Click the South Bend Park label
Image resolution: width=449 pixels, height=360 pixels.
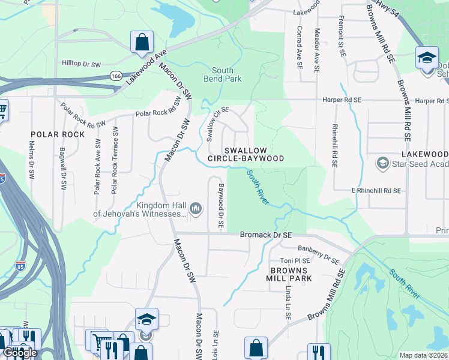[x=222, y=74]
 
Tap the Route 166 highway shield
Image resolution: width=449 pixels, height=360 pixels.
[x=116, y=76]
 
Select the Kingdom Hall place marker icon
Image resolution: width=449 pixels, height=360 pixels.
[x=195, y=208]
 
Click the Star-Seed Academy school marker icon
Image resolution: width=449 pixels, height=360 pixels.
[x=382, y=163]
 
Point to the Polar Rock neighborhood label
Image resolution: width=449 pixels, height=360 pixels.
[x=58, y=134]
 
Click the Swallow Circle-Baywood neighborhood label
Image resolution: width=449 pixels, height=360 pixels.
[x=245, y=154]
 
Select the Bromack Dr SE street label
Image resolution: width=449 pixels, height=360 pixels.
[x=265, y=235]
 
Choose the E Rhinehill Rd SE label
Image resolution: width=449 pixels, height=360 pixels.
[x=376, y=191]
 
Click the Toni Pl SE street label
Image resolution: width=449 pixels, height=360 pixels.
[x=295, y=261]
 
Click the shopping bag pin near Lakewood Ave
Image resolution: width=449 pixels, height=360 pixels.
[x=142, y=42]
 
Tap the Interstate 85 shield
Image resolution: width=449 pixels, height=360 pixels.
[x=21, y=266]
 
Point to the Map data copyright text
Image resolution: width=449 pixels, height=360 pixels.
[x=423, y=355]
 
